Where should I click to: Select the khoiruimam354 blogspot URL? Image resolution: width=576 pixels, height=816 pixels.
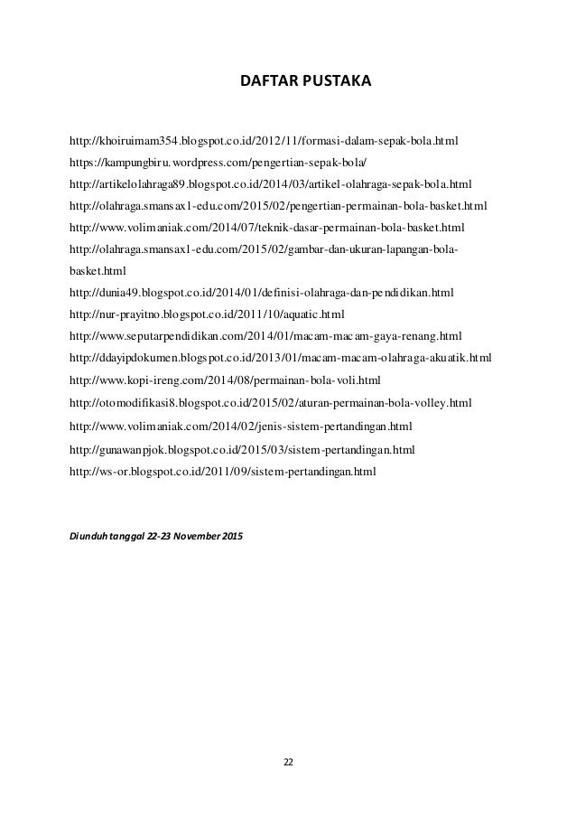pos(264,142)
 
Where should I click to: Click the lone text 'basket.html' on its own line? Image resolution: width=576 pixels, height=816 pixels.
pos(98,270)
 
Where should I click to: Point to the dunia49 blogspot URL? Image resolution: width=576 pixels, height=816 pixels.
pos(261,293)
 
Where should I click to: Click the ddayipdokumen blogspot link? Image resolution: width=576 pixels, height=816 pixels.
pos(280,357)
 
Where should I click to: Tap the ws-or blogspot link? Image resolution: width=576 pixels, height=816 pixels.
pos(221,471)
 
